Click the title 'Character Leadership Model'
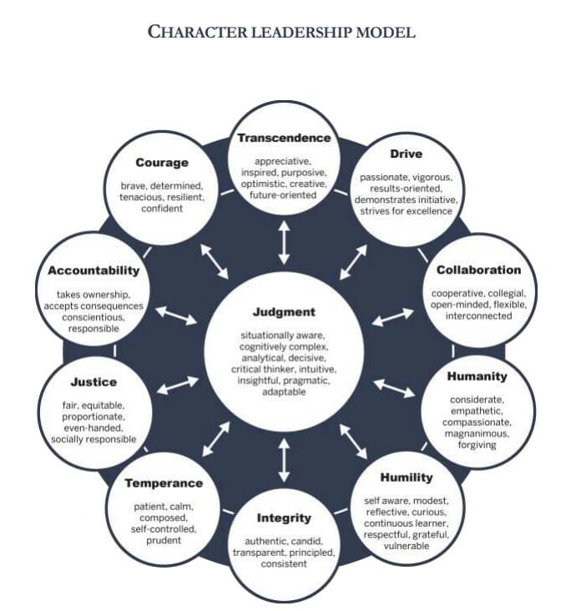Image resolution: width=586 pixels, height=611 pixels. [x=281, y=32]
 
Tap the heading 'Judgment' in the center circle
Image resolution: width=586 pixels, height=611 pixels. [x=284, y=313]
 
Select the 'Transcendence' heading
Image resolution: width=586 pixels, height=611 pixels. [x=284, y=138]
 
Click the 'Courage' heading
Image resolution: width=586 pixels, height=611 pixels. [x=162, y=163]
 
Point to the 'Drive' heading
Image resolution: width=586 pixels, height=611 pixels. [x=406, y=154]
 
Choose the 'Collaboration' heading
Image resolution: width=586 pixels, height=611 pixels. [x=478, y=270]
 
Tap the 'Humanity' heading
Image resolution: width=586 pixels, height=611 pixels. [x=477, y=376]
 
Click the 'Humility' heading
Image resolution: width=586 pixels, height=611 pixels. [x=407, y=477]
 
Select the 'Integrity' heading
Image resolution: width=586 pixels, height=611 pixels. [x=284, y=518]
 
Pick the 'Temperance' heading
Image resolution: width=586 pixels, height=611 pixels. [x=164, y=482]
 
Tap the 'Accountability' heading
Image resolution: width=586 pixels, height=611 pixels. [x=93, y=270]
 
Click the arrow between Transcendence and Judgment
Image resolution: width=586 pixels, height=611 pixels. [x=284, y=243]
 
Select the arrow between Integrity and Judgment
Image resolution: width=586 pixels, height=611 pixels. [x=284, y=459]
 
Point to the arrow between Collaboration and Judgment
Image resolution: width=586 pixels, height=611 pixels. [x=392, y=317]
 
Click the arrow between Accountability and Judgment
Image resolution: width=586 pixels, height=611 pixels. [x=177, y=315]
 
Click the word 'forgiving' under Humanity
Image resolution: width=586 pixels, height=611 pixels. [x=477, y=444]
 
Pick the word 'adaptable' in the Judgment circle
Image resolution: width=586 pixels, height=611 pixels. [x=284, y=391]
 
